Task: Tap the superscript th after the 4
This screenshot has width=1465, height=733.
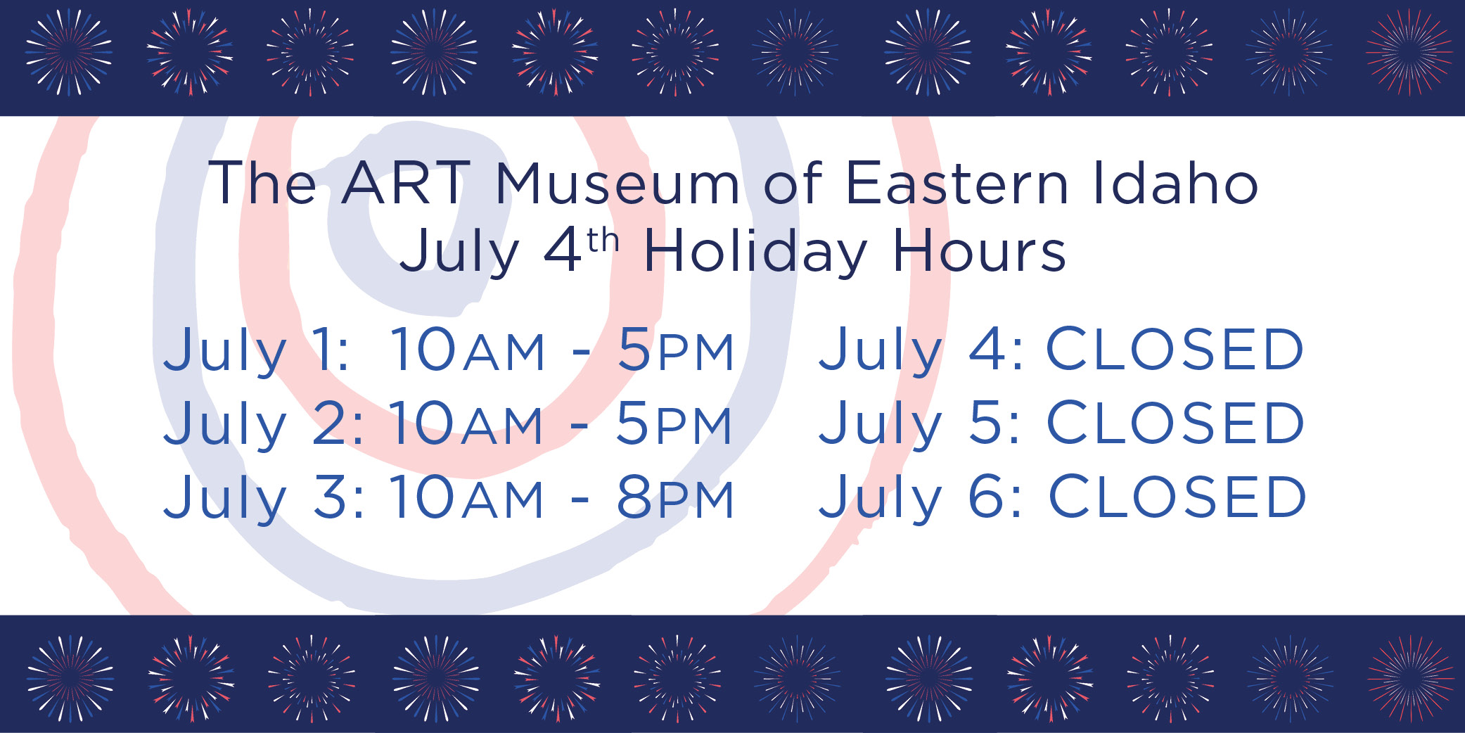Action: [603, 241]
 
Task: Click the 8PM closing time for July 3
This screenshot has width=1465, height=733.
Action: [675, 497]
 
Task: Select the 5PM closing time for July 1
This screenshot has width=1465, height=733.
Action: [676, 350]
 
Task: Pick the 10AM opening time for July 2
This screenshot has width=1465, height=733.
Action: [466, 423]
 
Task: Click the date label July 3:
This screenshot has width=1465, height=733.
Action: [264, 499]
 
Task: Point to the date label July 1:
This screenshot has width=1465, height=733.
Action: [257, 351]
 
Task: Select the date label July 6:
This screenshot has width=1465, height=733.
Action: [921, 498]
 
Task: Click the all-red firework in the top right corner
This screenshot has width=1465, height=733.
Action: [1409, 52]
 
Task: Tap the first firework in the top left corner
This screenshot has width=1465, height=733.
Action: [69, 52]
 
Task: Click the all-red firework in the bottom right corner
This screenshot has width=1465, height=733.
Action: [1410, 679]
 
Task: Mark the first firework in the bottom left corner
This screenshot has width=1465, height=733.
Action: [70, 679]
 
